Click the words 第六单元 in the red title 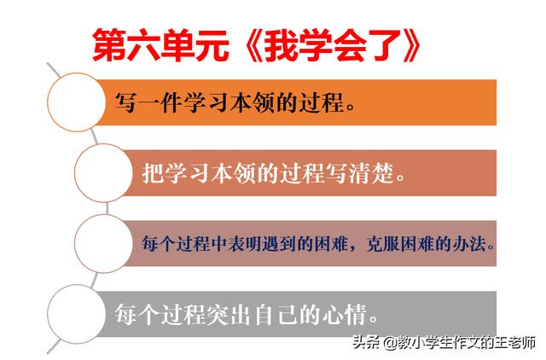pos(161,45)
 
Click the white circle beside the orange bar pos(77,102)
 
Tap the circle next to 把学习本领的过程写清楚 pos(104,172)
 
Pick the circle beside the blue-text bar pos(104,243)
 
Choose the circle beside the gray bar pos(77,314)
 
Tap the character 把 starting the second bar pos(153,173)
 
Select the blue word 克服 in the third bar pos(383,243)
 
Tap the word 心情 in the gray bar pos(345,315)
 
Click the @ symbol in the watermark pos(391,343)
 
